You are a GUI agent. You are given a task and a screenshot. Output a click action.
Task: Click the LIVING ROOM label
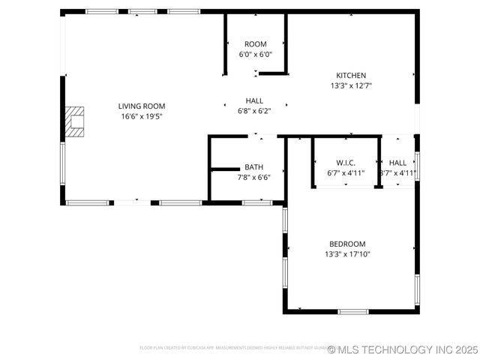(141, 106)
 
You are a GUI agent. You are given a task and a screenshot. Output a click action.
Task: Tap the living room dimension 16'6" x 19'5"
(141, 116)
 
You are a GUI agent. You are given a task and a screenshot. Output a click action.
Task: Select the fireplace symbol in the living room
(74, 121)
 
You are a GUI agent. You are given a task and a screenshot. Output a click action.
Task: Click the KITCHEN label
(351, 76)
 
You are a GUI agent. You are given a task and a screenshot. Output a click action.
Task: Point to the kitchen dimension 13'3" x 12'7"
(351, 85)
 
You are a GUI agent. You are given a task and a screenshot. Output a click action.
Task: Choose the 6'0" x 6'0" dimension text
(255, 54)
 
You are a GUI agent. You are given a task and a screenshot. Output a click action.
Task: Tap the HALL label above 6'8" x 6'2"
(254, 100)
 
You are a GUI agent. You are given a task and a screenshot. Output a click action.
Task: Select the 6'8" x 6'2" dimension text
(254, 110)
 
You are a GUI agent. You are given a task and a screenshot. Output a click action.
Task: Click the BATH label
(253, 167)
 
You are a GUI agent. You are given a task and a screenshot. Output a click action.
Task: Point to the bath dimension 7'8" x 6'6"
(253, 177)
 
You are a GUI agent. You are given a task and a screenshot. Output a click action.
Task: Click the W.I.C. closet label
(345, 163)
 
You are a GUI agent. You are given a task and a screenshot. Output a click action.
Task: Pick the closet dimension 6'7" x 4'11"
(345, 172)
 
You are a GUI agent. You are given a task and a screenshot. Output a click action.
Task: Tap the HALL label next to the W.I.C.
(397, 163)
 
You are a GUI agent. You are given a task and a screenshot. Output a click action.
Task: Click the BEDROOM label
(347, 244)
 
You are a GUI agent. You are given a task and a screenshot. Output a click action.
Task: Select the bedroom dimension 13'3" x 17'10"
(347, 254)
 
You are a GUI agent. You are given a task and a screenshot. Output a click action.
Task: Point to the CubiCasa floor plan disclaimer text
(232, 348)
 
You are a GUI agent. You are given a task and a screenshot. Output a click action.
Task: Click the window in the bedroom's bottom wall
(352, 311)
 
